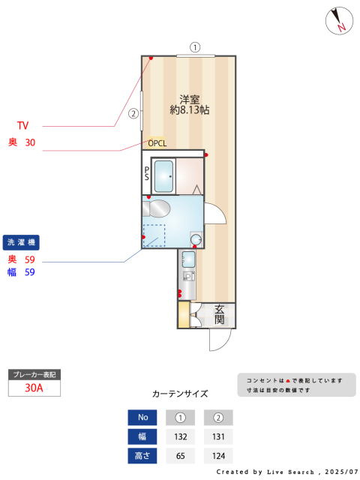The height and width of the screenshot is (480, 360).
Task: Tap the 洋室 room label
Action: click(190, 100)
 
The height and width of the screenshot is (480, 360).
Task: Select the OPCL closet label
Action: click(157, 143)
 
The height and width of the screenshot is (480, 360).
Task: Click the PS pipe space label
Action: click(147, 173)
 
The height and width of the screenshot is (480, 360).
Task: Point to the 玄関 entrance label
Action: click(219, 314)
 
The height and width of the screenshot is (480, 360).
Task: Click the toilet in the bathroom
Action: click(156, 208)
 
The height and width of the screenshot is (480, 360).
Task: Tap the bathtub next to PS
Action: click(163, 176)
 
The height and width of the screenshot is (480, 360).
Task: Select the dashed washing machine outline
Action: click(154, 235)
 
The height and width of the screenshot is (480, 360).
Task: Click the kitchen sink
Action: click(188, 259)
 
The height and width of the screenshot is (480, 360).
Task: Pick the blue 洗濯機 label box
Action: click(21, 242)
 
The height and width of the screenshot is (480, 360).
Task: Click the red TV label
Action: click(22, 125)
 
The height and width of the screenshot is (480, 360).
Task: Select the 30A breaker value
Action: click(34, 388)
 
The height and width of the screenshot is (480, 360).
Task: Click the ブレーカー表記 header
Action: click(34, 375)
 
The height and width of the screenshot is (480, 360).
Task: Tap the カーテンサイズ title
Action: click(180, 394)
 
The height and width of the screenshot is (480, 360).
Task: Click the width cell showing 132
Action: click(180, 436)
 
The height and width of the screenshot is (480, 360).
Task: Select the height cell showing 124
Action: click(218, 456)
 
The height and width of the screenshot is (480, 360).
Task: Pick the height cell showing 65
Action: click(180, 456)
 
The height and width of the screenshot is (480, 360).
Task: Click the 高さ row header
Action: click(142, 456)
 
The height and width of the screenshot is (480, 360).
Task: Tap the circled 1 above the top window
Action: click(195, 47)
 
